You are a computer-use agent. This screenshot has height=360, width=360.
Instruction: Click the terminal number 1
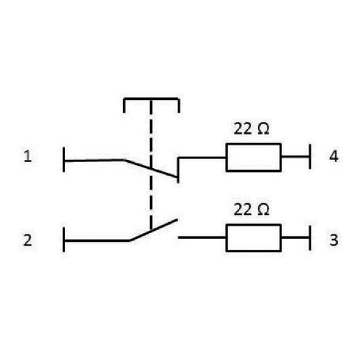(x=28, y=156)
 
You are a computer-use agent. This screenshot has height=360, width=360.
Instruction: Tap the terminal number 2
(x=28, y=240)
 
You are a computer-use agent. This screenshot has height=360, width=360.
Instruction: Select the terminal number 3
(x=334, y=240)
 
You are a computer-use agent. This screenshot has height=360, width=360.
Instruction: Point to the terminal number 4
(x=334, y=156)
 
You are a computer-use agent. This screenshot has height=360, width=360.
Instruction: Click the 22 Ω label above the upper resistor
(x=251, y=128)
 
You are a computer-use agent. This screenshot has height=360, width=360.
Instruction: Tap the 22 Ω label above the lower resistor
(x=251, y=209)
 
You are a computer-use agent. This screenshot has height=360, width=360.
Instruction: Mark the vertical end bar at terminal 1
(x=63, y=159)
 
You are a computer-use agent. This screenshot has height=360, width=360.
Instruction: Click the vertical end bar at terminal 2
(x=63, y=240)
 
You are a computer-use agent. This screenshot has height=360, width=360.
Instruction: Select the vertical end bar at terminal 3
(x=310, y=238)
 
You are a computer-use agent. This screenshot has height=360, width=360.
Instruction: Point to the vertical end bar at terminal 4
(x=310, y=157)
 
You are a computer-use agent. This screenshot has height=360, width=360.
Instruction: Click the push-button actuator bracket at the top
(x=151, y=99)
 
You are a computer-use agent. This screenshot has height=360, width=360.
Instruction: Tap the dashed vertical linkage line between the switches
(x=151, y=164)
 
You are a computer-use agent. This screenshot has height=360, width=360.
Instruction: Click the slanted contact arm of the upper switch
(x=151, y=169)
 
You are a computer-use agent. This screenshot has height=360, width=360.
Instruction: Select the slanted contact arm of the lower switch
(x=153, y=230)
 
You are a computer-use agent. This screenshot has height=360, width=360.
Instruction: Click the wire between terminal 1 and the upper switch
(x=94, y=160)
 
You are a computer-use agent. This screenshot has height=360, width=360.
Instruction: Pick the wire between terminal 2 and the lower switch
(x=97, y=240)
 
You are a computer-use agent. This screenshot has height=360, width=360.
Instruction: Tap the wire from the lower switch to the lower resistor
(x=202, y=237)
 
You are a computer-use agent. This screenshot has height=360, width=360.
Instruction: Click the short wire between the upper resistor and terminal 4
(x=295, y=157)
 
